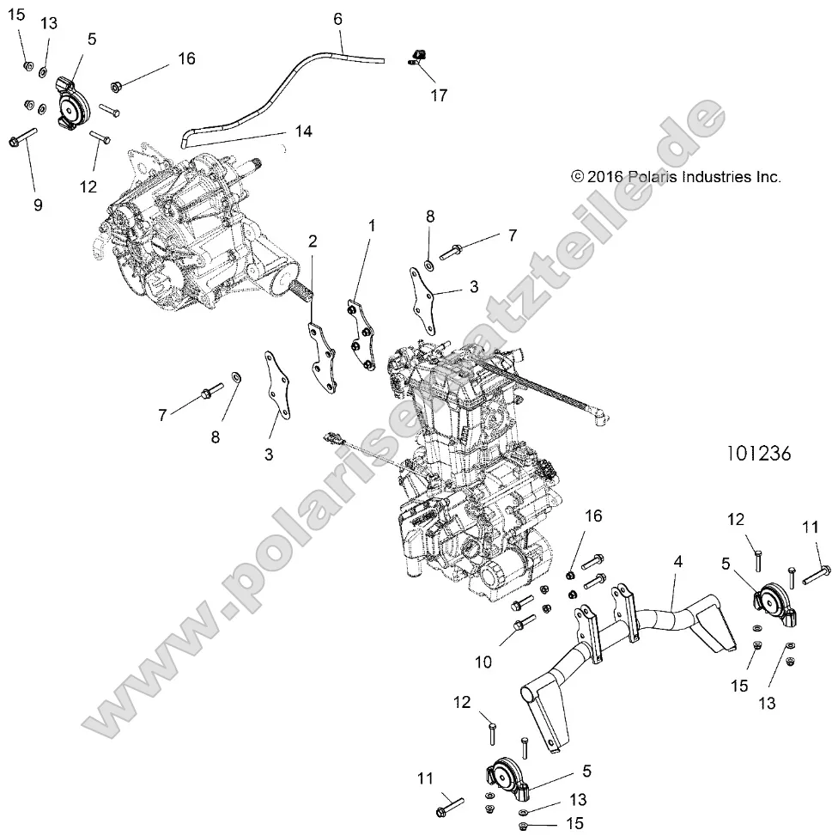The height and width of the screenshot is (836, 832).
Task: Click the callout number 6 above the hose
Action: (337, 18)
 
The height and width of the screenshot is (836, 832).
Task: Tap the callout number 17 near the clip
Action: (438, 95)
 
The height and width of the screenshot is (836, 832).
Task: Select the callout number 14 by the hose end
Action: (303, 131)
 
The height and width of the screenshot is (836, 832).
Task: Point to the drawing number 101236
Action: (758, 453)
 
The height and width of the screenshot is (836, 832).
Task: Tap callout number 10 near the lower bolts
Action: (483, 638)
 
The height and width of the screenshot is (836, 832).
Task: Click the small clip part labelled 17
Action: (415, 58)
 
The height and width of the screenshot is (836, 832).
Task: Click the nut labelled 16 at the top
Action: (117, 86)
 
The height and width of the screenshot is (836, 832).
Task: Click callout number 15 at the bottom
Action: (575, 823)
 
